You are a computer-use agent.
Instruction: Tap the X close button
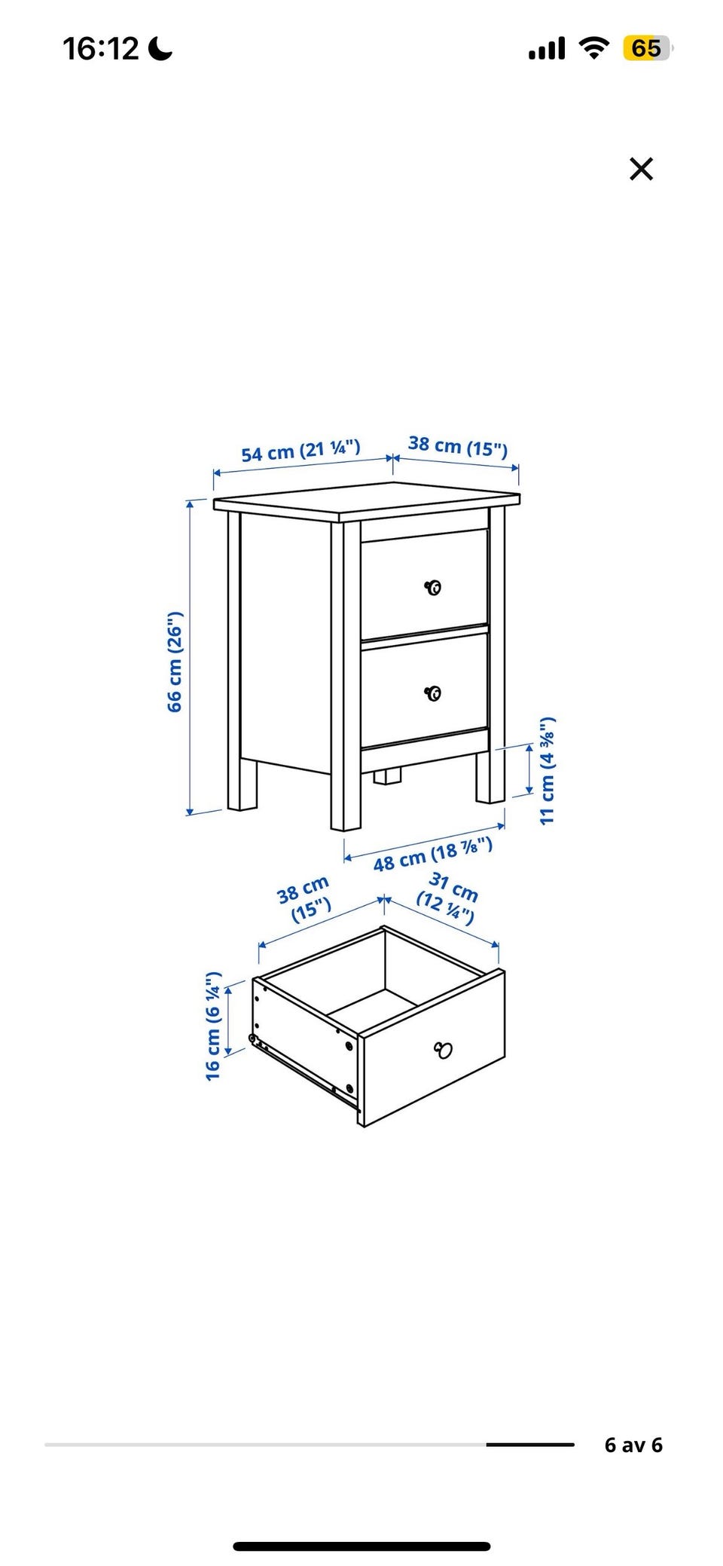pyautogui.click(x=641, y=169)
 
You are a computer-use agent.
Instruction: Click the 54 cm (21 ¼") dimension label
pyautogui.click(x=301, y=451)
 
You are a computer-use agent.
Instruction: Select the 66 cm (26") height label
pyautogui.click(x=175, y=662)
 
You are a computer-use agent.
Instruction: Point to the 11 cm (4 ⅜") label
pyautogui.click(x=548, y=770)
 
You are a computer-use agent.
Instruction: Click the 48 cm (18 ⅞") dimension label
pyautogui.click(x=433, y=854)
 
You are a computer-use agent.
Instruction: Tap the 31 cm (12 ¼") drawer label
pyautogui.click(x=450, y=898)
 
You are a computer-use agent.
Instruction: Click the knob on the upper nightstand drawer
pyautogui.click(x=433, y=587)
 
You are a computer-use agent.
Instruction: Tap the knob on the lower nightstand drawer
pyautogui.click(x=433, y=693)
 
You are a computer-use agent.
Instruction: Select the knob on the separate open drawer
pyautogui.click(x=444, y=1049)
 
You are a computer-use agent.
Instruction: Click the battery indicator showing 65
pyautogui.click(x=647, y=49)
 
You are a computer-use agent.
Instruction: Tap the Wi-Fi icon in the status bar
pyautogui.click(x=594, y=49)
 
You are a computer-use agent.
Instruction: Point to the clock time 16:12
pyautogui.click(x=101, y=49)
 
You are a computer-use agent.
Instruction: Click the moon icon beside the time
pyautogui.click(x=160, y=49)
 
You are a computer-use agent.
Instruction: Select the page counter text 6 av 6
pyautogui.click(x=633, y=1445)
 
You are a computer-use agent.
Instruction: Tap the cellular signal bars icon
pyautogui.click(x=547, y=50)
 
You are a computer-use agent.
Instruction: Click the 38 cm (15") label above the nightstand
pyautogui.click(x=458, y=446)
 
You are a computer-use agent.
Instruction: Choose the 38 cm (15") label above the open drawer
pyautogui.click(x=304, y=898)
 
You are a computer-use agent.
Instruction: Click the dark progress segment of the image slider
pyautogui.click(x=530, y=1445)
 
